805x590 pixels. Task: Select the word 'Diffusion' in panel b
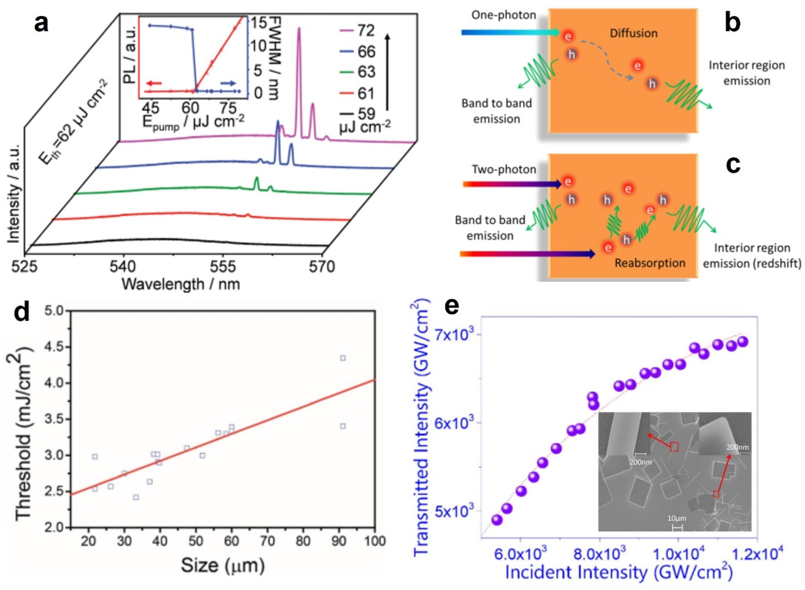633,33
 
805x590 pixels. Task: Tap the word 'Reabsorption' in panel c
650,263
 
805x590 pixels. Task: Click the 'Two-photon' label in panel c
504,169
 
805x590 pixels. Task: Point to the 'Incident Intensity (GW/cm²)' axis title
619,572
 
